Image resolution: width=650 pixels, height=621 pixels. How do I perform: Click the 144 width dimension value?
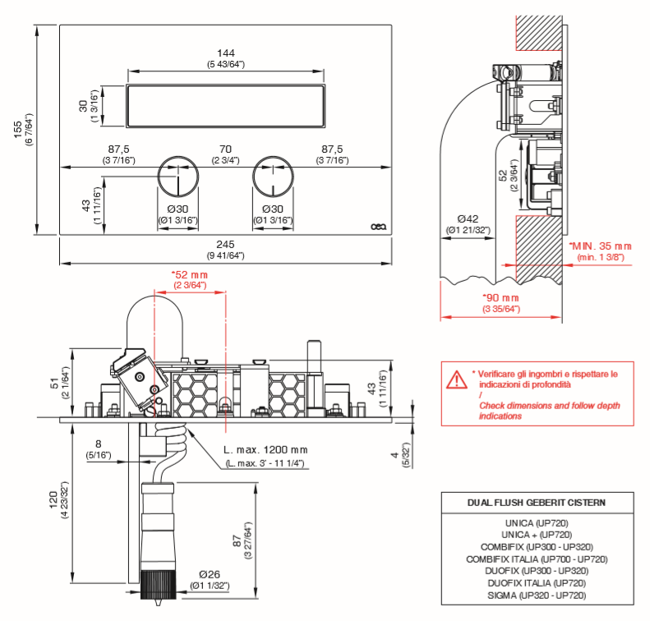pyautogui.click(x=226, y=53)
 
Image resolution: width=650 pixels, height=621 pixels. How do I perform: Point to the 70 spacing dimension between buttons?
pyautogui.click(x=226, y=149)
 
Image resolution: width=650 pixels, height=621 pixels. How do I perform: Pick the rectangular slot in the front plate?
pyautogui.click(x=227, y=106)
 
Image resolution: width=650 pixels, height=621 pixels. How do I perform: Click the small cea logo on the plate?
pyautogui.click(x=379, y=228)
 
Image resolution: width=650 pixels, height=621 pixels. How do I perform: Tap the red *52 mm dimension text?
pyautogui.click(x=190, y=274)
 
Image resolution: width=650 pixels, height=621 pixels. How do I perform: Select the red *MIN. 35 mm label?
pyautogui.click(x=602, y=246)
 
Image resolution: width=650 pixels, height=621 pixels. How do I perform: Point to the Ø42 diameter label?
pyautogui.click(x=468, y=218)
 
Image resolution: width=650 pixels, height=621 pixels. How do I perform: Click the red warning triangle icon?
pyautogui.click(x=455, y=379)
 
